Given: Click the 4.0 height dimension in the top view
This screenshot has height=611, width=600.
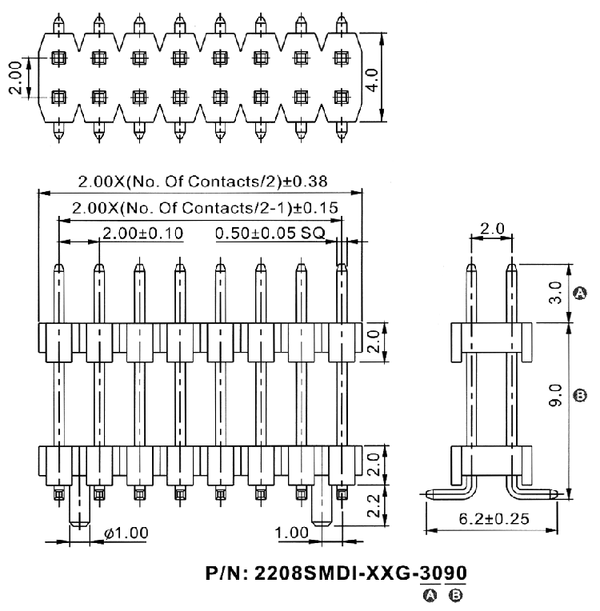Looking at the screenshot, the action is click(373, 80).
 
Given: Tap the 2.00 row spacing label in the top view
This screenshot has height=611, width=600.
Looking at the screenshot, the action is click(15, 78).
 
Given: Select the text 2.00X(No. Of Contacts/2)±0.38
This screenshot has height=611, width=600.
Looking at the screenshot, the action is click(202, 182).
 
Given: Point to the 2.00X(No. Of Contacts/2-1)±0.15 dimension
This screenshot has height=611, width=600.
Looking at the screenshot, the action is click(205, 208).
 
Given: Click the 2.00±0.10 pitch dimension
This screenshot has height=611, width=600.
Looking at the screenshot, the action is click(142, 233).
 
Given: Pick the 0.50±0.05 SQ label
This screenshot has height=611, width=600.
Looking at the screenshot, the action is click(270, 233).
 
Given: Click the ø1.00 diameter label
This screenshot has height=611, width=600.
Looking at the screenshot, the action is click(126, 533).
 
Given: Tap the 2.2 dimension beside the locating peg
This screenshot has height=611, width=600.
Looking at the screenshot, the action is click(374, 505).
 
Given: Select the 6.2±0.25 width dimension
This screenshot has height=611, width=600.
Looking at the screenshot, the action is click(494, 519).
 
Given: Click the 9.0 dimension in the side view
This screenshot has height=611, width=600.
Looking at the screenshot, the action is click(555, 395).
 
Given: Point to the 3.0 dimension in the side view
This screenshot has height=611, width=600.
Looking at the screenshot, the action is click(555, 292).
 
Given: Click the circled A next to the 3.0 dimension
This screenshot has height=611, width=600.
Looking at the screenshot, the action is click(581, 293).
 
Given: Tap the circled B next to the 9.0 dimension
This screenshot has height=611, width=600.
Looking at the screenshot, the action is click(581, 396).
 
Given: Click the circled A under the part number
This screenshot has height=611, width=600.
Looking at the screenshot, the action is click(430, 595).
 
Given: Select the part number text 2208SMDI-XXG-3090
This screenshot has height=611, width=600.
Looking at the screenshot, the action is click(361, 573).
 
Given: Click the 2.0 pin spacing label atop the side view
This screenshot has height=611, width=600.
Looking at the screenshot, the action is click(492, 229).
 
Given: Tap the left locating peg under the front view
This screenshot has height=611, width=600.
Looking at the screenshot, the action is click(79, 505).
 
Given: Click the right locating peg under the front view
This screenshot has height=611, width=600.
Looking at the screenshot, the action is click(322, 505).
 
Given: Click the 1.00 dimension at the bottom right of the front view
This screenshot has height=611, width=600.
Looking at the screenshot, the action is click(292, 533).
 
